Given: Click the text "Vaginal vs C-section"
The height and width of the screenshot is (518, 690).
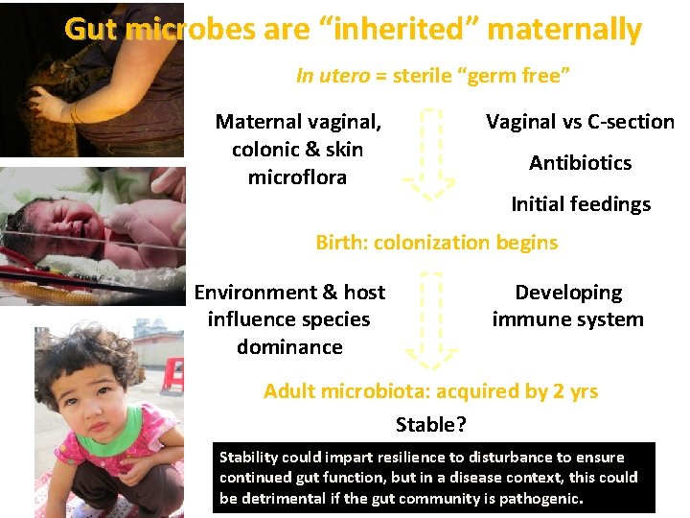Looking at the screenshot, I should click(580, 122).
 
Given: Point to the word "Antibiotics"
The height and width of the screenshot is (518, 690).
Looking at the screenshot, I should click(580, 163).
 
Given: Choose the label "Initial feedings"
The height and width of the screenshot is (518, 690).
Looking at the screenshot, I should click(580, 204).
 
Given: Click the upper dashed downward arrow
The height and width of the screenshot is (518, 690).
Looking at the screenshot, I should click(427, 153).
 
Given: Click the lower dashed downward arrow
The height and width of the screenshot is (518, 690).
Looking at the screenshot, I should click(427, 321).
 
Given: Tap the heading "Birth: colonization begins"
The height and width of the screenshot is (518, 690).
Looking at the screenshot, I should click(436, 243).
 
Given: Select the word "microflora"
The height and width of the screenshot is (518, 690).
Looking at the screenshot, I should click(297, 177).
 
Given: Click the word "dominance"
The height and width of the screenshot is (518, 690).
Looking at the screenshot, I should click(289, 347).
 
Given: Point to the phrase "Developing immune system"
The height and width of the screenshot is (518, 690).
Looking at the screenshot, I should click(567, 306).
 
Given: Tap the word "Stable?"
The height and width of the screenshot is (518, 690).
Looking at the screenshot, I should click(431, 423).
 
